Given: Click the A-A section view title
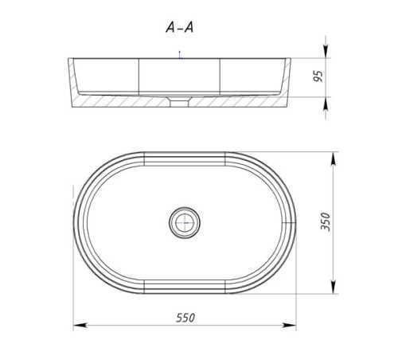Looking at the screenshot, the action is point(180,27).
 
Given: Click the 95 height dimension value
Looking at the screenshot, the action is point(318,76).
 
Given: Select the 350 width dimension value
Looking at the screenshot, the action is point(326,221).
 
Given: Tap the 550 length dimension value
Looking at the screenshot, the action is point(185,318).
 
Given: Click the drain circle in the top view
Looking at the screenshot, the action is point(185,223).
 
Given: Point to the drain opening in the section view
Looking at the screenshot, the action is point(179,102).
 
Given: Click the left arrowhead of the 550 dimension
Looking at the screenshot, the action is point(80,325).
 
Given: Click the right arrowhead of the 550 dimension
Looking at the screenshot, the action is point(289,325).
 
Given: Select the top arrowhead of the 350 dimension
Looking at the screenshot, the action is point(334,159).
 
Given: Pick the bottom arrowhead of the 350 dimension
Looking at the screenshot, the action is point(334,287).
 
